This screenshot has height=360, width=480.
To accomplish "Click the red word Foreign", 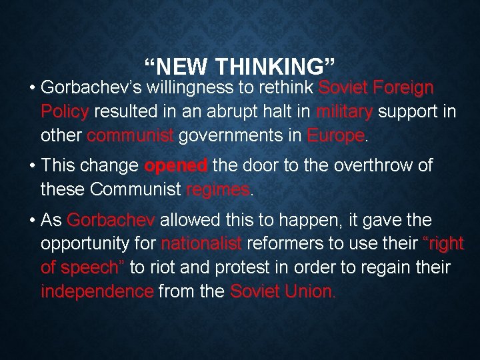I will tap(404, 88).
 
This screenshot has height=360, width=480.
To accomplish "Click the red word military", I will tap(345, 111).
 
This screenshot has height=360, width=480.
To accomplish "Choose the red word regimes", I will tap(218, 190).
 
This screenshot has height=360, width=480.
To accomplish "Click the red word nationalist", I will tap(201, 244).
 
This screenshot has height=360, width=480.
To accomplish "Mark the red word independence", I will tap(97, 291).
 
